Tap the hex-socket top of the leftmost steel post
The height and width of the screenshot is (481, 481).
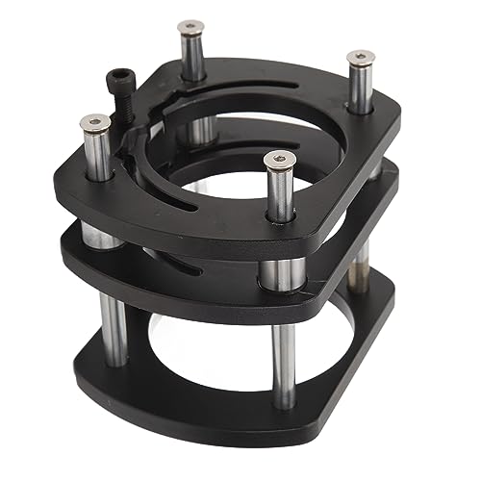coord(93,122)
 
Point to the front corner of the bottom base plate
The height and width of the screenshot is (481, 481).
coord(289,423)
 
